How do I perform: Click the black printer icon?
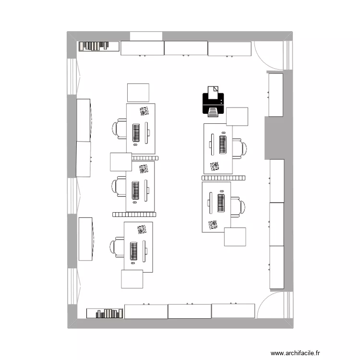point(212,101)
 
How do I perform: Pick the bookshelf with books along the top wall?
point(98,46)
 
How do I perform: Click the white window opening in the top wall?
point(146,36)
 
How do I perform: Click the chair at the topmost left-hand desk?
point(119,129)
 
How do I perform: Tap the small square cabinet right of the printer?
point(237,118)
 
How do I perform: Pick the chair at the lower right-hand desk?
point(237,206)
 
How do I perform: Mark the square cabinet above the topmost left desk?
point(138,93)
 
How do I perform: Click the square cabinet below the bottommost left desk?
point(132,279)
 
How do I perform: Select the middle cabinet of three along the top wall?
point(186,48)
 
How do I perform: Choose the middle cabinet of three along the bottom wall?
point(190,311)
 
